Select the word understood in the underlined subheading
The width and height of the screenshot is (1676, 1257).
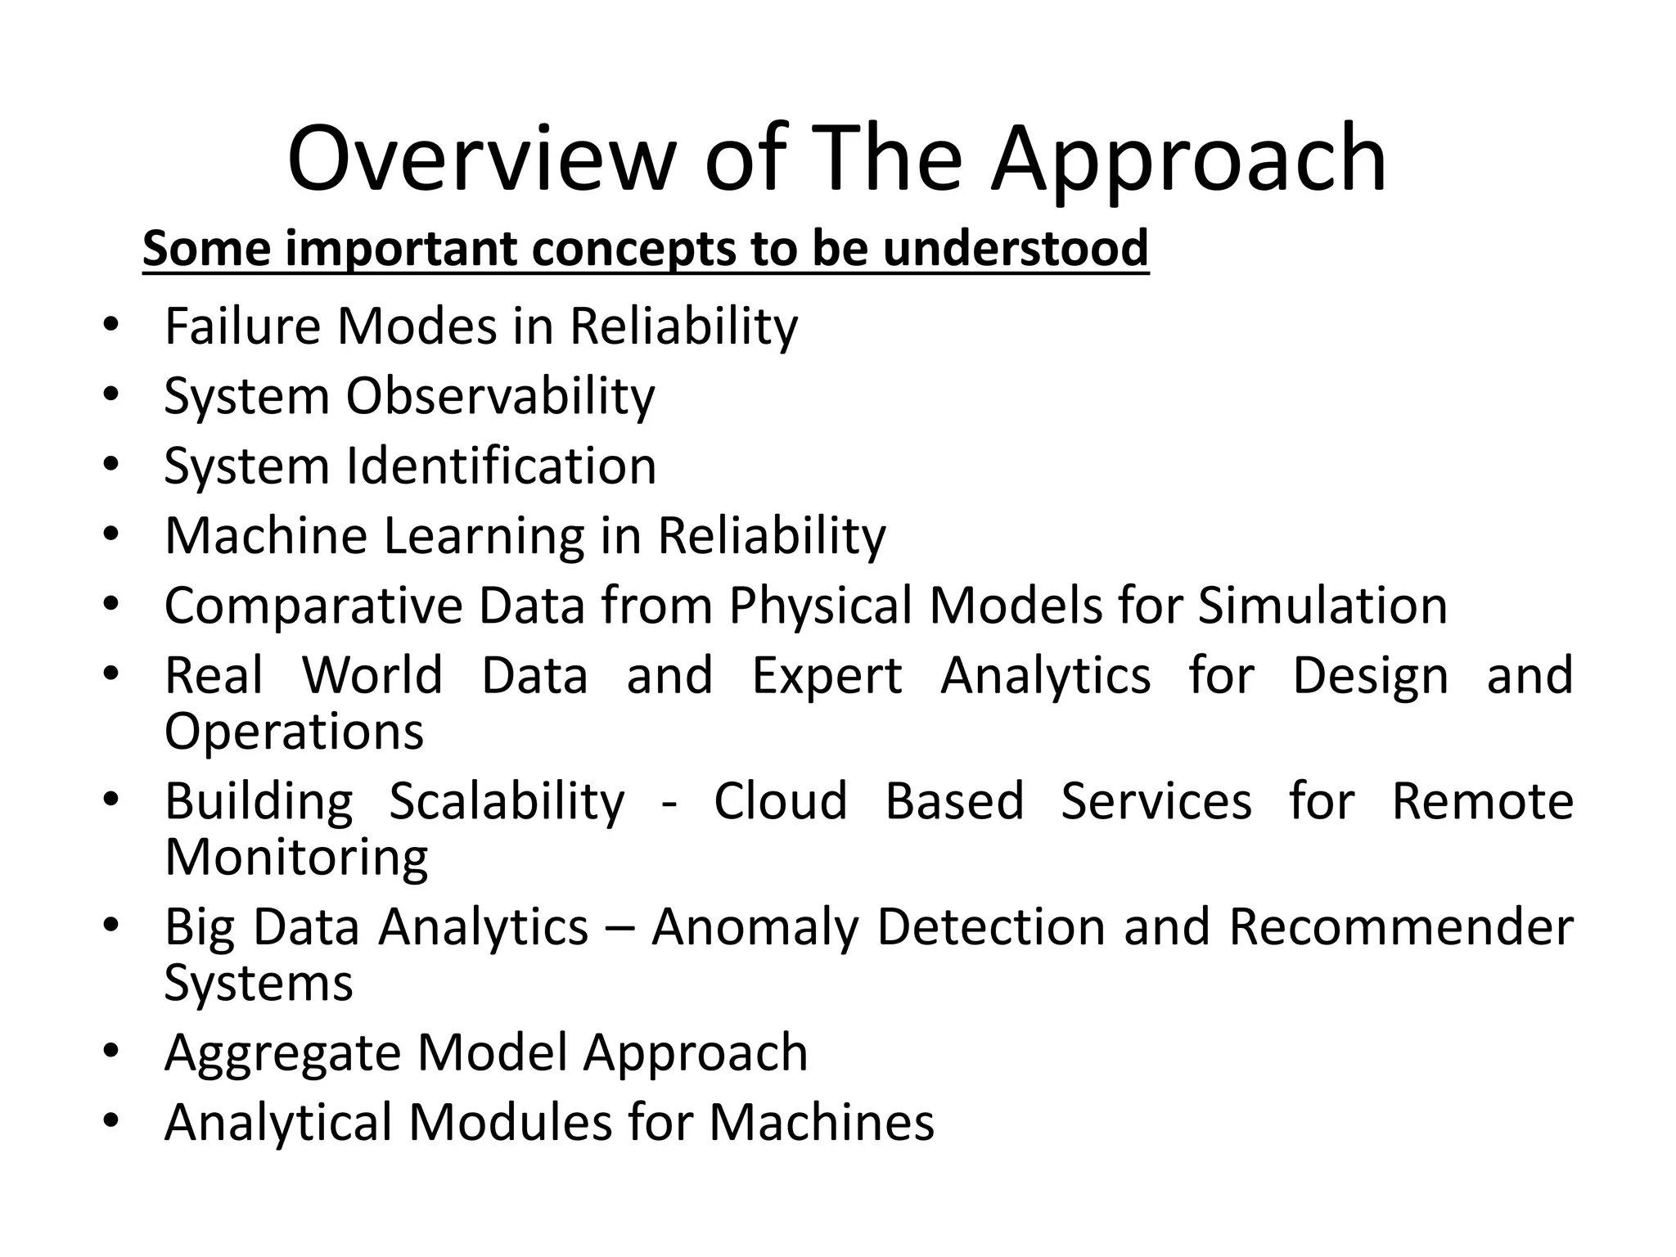coord(1016,248)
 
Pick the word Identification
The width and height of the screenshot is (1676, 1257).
coord(501,466)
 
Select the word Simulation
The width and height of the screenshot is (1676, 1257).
coord(1322,607)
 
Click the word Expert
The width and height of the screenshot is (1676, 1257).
coord(827,677)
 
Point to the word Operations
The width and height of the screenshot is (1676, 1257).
coord(294,731)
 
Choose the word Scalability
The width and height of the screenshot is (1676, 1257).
coord(506,802)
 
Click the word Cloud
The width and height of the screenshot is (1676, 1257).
coord(780,801)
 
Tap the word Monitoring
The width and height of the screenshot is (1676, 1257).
coord(296,858)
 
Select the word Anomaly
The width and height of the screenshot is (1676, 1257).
coord(755,929)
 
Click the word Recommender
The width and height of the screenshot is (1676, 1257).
coord(1400,927)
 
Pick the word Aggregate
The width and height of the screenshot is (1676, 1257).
coord(282,1053)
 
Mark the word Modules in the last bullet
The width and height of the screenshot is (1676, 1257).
coord(510,1122)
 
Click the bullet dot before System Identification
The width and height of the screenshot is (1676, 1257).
coord(112,464)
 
